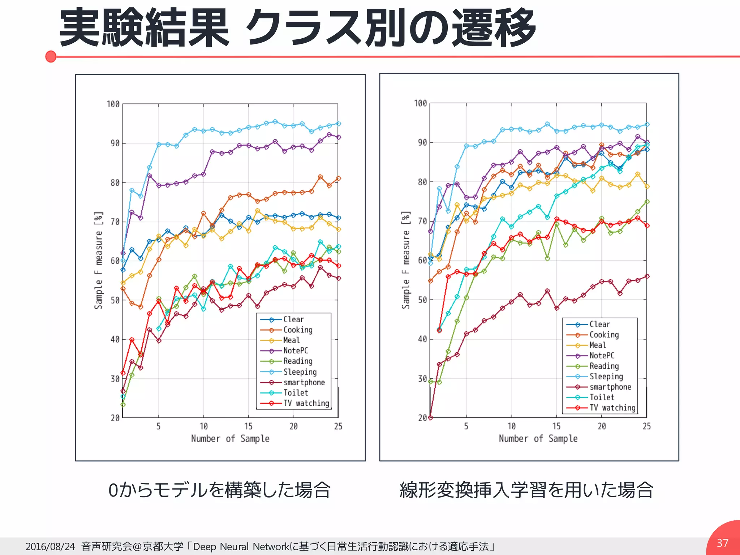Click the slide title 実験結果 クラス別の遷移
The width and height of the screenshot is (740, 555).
click(x=297, y=28)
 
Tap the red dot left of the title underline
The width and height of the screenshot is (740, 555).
click(x=51, y=57)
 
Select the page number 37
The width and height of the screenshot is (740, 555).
click(x=722, y=543)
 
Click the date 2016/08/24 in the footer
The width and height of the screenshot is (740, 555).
click(x=50, y=546)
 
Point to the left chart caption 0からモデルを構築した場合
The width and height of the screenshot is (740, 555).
click(x=219, y=490)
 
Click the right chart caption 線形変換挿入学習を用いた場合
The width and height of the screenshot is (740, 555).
click(x=526, y=490)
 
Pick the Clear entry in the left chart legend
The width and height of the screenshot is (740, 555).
click(x=293, y=319)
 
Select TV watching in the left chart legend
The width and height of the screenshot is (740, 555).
click(x=306, y=403)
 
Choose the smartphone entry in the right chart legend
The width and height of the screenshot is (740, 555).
click(x=610, y=387)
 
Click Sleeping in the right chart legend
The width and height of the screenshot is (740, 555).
click(x=606, y=377)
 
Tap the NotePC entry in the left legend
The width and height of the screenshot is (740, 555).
click(x=295, y=350)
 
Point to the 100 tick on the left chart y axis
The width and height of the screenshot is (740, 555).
click(x=113, y=104)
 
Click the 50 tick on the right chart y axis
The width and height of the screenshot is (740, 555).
click(x=422, y=300)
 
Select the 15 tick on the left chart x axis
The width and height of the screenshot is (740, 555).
click(x=248, y=426)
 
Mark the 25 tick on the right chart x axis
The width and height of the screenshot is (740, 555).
click(x=646, y=426)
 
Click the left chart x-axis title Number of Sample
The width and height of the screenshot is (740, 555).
click(x=230, y=439)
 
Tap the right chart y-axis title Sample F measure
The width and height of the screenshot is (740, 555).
click(x=406, y=260)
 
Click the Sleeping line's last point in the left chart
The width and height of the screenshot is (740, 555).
click(x=339, y=124)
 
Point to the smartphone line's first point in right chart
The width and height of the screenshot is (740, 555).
click(x=430, y=418)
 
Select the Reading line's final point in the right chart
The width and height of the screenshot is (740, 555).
click(x=647, y=202)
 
